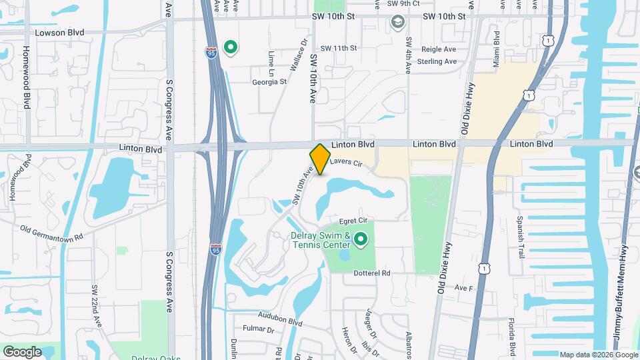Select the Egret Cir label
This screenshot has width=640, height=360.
[x=353, y=219]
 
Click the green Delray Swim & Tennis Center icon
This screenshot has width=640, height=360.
[x=361, y=239]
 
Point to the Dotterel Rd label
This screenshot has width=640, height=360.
[x=367, y=273]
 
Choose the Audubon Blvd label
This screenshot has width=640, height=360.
[x=281, y=321]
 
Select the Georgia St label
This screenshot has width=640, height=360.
[x=269, y=82]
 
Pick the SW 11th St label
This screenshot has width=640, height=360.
[x=339, y=48]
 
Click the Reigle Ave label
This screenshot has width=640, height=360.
[x=439, y=49]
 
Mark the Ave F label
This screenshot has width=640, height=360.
[x=463, y=288]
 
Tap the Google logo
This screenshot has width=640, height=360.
[x=22, y=351]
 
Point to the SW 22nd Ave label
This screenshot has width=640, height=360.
[x=97, y=306]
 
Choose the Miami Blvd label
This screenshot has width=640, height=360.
[x=497, y=47]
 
